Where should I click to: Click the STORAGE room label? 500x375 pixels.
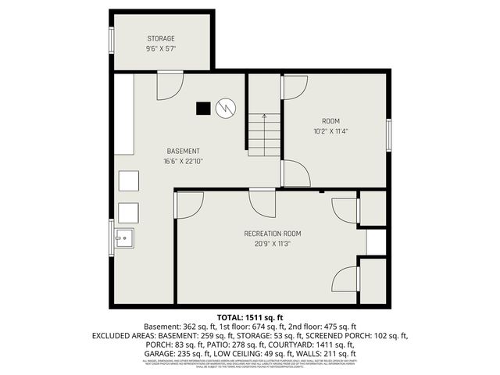click(x=161, y=38)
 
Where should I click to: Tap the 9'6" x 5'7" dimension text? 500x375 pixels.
click(x=161, y=48)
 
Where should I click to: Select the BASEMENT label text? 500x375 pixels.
click(x=183, y=151)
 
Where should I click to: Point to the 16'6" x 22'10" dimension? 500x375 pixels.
click(x=183, y=162)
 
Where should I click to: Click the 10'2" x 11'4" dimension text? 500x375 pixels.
click(x=331, y=131)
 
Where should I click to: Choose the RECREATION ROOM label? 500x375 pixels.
click(x=273, y=234)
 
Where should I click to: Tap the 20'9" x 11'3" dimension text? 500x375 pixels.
click(x=273, y=244)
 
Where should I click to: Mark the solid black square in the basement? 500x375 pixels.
click(x=203, y=109)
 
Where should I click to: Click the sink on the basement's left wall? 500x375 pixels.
click(x=123, y=238)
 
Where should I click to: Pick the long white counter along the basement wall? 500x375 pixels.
click(x=124, y=114)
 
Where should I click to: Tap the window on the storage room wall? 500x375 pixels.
click(x=112, y=40)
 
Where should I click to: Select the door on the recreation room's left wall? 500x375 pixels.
click(x=187, y=205)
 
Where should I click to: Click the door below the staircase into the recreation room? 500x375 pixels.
click(x=262, y=203)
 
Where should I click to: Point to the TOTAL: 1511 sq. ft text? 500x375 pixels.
click(x=250, y=316)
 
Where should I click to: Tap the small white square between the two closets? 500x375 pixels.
click(x=376, y=242)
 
